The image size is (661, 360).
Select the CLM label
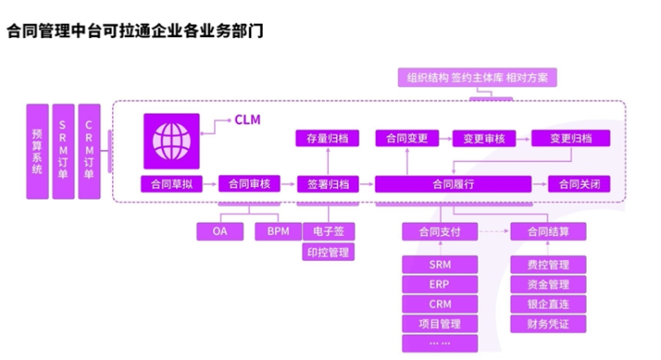click(247, 121)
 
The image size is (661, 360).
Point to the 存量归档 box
click(327, 139)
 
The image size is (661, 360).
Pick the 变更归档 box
click(571, 139)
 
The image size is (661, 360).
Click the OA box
click(220, 231)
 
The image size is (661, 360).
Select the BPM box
click(278, 231)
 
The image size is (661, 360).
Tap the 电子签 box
click(329, 231)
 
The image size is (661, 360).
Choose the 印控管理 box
click(329, 252)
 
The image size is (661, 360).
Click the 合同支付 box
click(440, 232)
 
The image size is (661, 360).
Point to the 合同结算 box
click(548, 232)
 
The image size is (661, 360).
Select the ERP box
click(440, 284)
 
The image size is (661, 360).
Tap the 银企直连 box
click(548, 304)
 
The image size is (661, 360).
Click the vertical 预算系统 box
click(36, 151)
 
